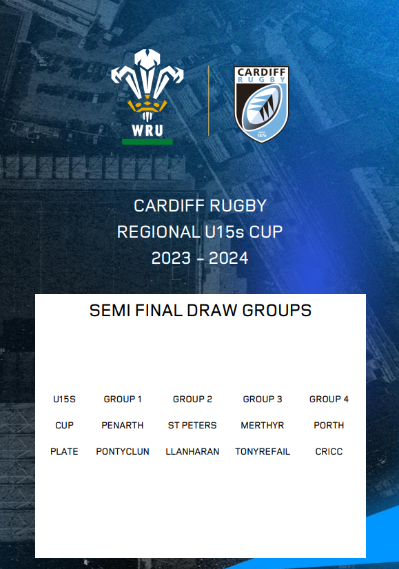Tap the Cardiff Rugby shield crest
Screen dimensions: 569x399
pyautogui.click(x=261, y=104)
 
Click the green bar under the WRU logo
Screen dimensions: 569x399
pyautogui.click(x=147, y=141)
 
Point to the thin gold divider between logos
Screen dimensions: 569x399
pyautogui.click(x=208, y=101)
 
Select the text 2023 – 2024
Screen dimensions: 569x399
pyautogui.click(x=200, y=258)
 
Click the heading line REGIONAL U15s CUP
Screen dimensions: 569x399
pyautogui.click(x=200, y=232)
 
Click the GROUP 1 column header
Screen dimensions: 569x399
pyautogui.click(x=123, y=399)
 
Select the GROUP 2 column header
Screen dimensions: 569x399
pyautogui.click(x=192, y=399)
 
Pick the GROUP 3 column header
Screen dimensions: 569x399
pyautogui.click(x=263, y=399)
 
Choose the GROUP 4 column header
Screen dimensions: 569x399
pyautogui.click(x=329, y=399)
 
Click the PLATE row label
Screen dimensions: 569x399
pyautogui.click(x=64, y=452)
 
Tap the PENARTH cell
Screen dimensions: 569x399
pyautogui.click(x=123, y=426)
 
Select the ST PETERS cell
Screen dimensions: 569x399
pyautogui.click(x=192, y=426)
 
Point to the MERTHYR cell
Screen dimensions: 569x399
pyautogui.click(x=263, y=426)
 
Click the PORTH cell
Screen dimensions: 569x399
pyautogui.click(x=329, y=426)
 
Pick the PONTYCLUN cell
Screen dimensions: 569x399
pyautogui.click(x=123, y=452)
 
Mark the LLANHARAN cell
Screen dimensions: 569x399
pyautogui.click(x=192, y=452)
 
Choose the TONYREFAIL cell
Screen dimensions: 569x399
pyautogui.click(x=263, y=452)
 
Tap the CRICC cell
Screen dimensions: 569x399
pyautogui.click(x=329, y=452)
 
